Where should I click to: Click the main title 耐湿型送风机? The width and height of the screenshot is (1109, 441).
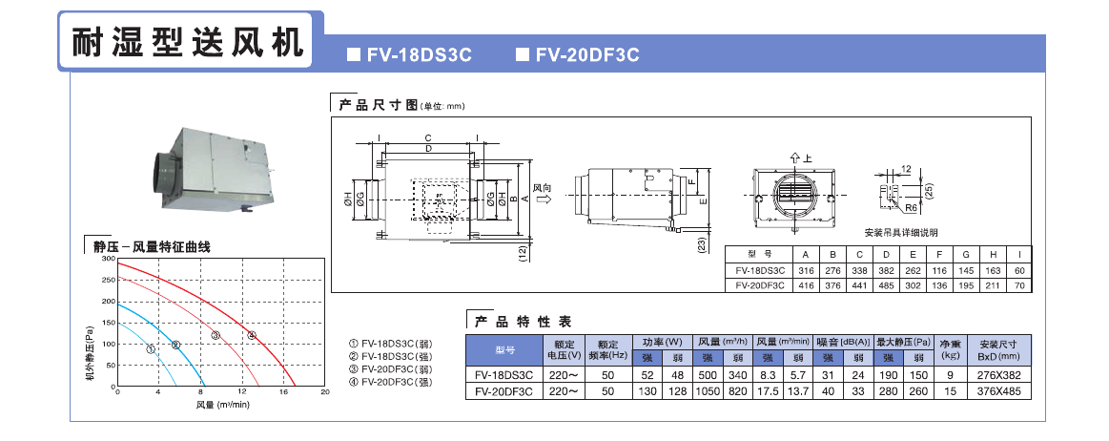(x=188, y=41)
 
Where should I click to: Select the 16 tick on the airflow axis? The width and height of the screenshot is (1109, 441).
(x=282, y=392)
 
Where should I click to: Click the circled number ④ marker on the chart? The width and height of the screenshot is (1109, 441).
(x=252, y=335)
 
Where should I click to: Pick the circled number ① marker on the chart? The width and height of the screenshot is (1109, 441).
(x=151, y=349)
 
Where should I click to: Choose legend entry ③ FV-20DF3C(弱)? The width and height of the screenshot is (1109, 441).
(x=394, y=367)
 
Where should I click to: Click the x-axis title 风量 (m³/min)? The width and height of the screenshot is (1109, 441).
(x=222, y=405)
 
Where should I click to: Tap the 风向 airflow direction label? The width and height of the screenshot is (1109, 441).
(x=543, y=189)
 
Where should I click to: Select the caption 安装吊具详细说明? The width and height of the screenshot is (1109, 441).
(x=901, y=233)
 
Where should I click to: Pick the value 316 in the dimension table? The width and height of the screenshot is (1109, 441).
(x=806, y=271)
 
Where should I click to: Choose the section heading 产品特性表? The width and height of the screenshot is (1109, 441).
(x=524, y=322)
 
